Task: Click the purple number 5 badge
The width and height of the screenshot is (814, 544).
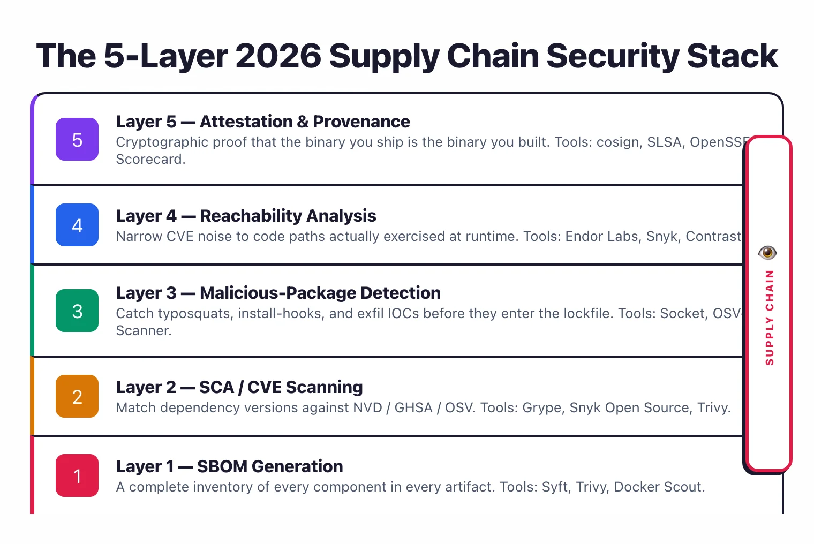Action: (77, 140)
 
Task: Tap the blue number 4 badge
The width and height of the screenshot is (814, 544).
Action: (77, 225)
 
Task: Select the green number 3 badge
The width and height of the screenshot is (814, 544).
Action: (77, 311)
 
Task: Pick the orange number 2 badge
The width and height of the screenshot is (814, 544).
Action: (77, 397)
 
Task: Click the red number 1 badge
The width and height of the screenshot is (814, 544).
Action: (77, 476)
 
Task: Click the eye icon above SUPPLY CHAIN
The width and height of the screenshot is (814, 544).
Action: (767, 252)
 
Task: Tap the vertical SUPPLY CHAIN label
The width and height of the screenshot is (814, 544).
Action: (770, 318)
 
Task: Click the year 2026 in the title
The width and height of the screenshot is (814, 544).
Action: (278, 56)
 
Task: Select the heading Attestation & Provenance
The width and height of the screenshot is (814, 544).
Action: (305, 122)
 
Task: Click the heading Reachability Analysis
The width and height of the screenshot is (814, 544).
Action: (288, 216)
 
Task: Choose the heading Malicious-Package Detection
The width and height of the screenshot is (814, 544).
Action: (320, 293)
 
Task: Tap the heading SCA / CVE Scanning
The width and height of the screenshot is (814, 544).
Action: (281, 388)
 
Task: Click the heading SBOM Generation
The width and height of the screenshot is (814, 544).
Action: (270, 467)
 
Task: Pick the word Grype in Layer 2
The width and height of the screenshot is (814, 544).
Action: (541, 408)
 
